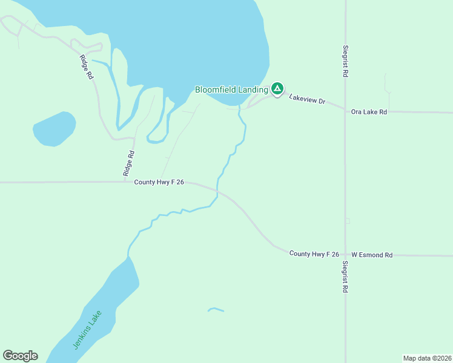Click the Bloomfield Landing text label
pyautogui.click(x=231, y=90)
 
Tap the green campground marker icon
pyautogui.click(x=277, y=89)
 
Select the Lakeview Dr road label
pyautogui.click(x=307, y=99)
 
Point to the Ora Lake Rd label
pyautogui.click(x=368, y=111)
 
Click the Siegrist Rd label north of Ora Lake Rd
pyautogui.click(x=345, y=60)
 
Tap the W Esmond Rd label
pyautogui.click(x=371, y=255)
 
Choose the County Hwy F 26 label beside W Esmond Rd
pyautogui.click(x=314, y=254)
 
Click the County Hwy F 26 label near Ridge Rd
pyautogui.click(x=159, y=181)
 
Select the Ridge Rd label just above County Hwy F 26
pyautogui.click(x=128, y=163)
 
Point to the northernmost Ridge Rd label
pyautogui.click(x=87, y=67)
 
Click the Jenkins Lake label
pyautogui.click(x=88, y=330)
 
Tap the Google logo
pyautogui.click(x=20, y=356)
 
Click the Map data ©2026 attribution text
pyautogui.click(x=427, y=358)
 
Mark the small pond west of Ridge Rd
pyautogui.click(x=54, y=128)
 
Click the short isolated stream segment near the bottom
pyautogui.click(x=216, y=310)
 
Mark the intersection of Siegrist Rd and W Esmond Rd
pyautogui.click(x=345, y=255)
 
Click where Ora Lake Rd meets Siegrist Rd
pyautogui.click(x=345, y=111)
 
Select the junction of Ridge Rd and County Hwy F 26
pyautogui.click(x=125, y=181)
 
